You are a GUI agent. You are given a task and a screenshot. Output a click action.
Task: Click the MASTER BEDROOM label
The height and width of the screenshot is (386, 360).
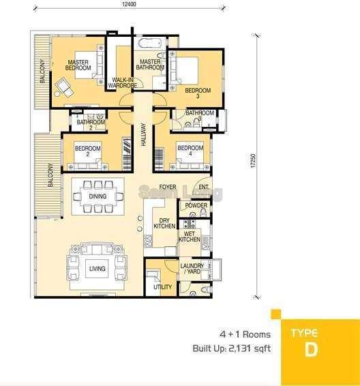tap(79, 65)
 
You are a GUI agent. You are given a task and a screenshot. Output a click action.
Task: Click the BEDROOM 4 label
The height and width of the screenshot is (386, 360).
tap(190, 151)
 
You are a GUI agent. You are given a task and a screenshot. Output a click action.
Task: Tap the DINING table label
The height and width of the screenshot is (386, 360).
tap(97, 196)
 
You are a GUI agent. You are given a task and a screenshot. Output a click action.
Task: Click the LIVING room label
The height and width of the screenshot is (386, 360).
tap(97, 269)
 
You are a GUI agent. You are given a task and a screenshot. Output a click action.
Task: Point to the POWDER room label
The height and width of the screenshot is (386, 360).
tap(197, 205)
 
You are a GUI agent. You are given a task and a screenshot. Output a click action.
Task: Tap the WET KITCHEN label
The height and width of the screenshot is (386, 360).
tap(190, 236)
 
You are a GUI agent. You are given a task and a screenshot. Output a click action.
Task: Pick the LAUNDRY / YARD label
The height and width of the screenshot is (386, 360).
tap(192, 269)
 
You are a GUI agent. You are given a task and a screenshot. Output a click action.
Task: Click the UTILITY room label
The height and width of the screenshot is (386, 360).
tap(163, 287)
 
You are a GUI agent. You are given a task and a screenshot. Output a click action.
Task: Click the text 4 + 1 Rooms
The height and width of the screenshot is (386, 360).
tap(245, 334)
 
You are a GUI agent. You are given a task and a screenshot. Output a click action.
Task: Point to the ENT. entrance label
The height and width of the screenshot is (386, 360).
tap(203, 186)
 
